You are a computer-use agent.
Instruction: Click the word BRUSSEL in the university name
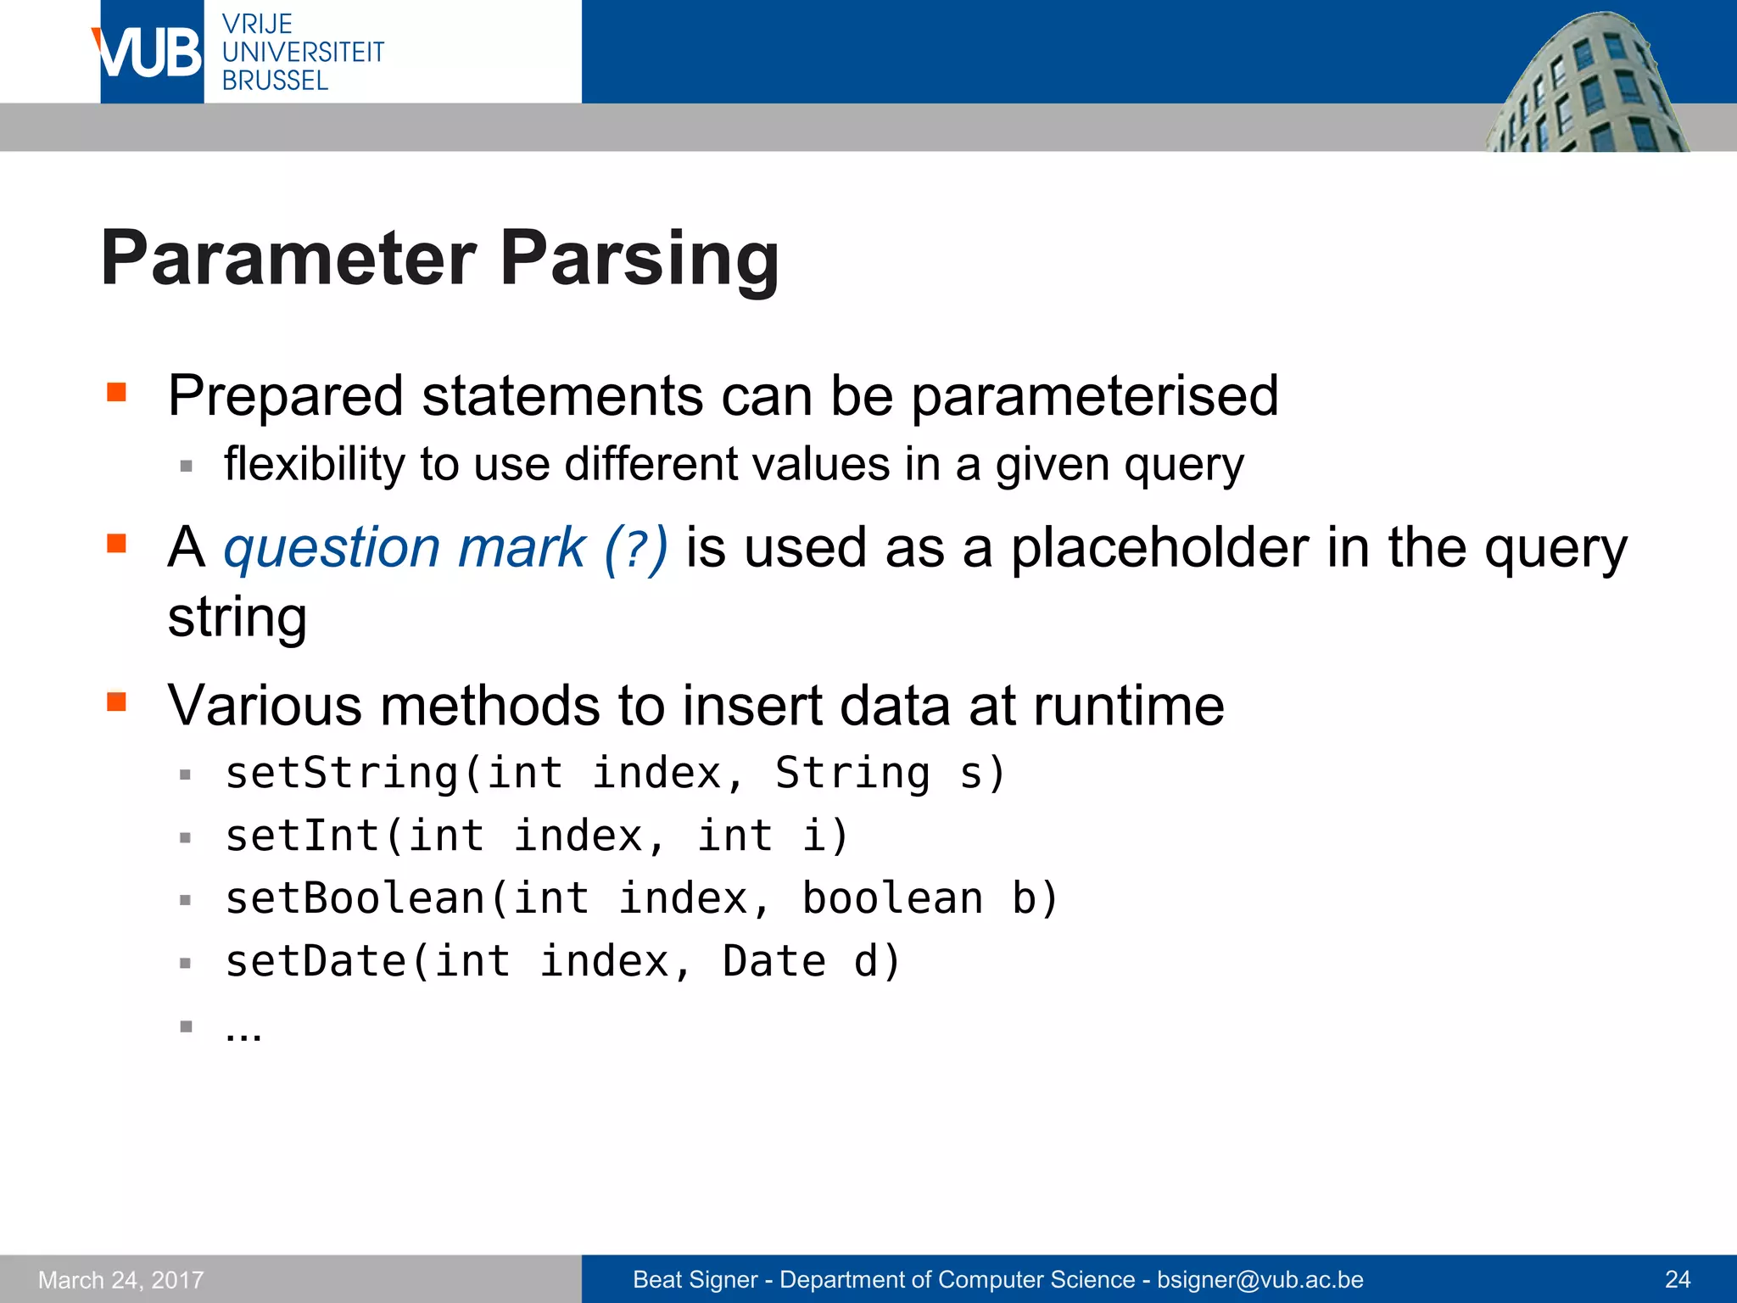[x=275, y=81]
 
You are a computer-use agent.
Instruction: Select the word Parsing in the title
[x=640, y=260]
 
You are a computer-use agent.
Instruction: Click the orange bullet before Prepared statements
[x=116, y=392]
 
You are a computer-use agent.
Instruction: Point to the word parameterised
[x=1094, y=397]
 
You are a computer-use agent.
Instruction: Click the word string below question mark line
[x=237, y=618]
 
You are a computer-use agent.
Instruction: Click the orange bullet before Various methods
[x=116, y=702]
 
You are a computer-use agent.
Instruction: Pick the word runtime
[x=1128, y=706]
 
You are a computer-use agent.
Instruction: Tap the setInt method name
[x=302, y=836]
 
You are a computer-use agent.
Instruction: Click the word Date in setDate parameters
[x=774, y=961]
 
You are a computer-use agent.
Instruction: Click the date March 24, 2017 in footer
[x=121, y=1279]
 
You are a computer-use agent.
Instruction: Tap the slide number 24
[x=1678, y=1279]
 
